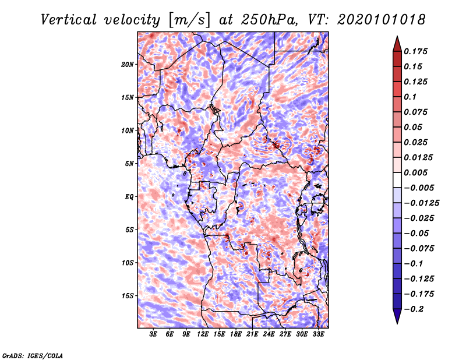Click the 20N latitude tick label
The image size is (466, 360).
[128, 65]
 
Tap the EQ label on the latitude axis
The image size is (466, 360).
[129, 197]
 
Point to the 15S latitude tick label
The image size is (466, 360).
[128, 296]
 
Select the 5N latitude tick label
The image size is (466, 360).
[129, 164]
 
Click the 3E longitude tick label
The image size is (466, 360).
[153, 334]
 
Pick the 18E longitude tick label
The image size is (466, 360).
[236, 334]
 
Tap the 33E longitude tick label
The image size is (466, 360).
[318, 334]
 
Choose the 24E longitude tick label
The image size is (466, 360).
[269, 334]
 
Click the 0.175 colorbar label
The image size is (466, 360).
[415, 51]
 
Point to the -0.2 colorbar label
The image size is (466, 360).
[414, 309]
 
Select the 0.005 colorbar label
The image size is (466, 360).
[415, 172]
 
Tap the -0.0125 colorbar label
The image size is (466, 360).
[421, 203]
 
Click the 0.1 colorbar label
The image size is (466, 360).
[410, 97]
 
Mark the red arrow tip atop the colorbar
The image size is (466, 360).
[397, 36]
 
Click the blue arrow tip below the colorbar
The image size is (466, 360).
[397, 323]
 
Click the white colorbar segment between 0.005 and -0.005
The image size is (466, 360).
[397, 180]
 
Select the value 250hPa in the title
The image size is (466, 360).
[269, 20]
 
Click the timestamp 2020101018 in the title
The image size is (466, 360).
[382, 20]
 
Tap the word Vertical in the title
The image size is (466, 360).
[69, 20]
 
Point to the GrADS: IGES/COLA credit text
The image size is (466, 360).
[33, 355]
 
